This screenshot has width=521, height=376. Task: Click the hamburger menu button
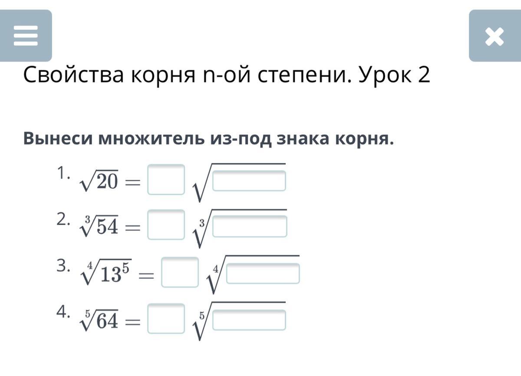26,36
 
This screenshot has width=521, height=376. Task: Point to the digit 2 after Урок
424,76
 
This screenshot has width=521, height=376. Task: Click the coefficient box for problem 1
166,179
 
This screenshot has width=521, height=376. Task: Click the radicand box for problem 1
249,181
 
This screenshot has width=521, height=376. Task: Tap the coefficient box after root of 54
166,225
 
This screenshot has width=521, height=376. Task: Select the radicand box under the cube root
249,227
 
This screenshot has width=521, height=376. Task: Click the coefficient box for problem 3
180,272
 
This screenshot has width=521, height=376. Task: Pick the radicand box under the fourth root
263,274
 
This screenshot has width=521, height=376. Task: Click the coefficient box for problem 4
166,318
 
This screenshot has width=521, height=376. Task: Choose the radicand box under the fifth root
249,320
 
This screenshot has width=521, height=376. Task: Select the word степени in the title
300,76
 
